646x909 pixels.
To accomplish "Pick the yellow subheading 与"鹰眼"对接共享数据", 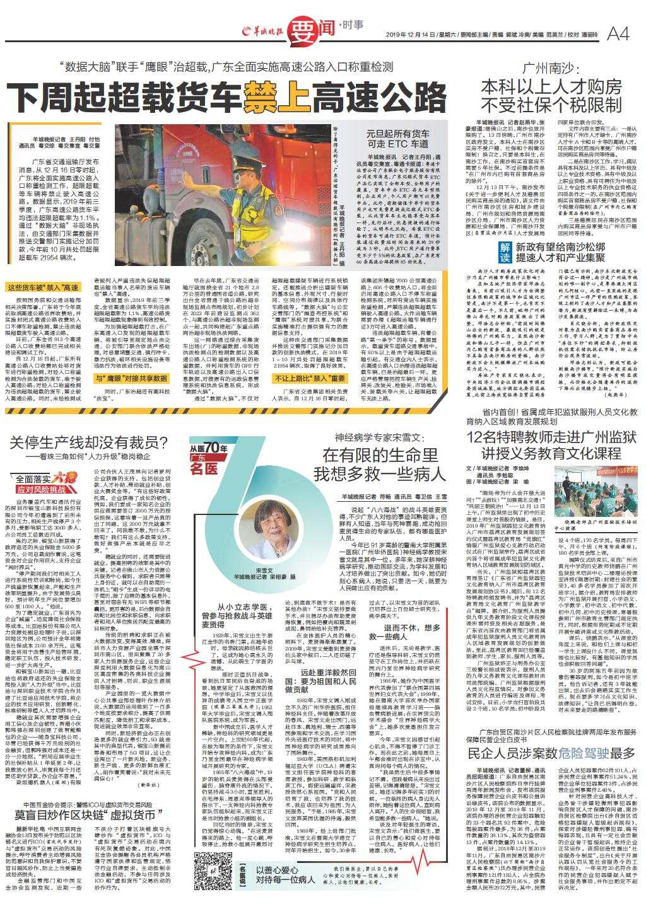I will [131, 378].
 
